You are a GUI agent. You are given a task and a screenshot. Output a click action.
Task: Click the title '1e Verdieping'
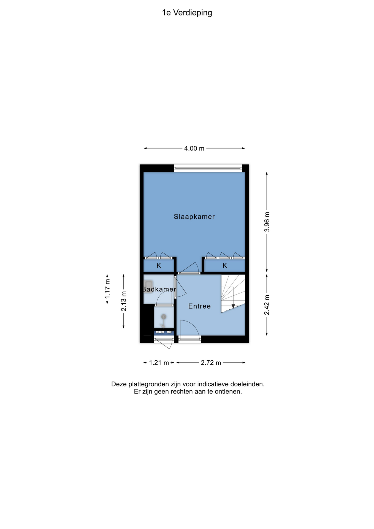187,13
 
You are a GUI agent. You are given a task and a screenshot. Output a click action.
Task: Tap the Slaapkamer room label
194,217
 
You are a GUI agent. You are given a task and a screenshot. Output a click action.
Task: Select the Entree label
199,306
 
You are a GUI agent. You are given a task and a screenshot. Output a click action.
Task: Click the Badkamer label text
159,289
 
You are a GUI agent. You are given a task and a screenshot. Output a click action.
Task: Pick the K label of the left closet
159,266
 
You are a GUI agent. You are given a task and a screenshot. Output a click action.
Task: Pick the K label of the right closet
225,266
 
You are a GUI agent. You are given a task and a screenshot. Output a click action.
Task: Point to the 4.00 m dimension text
194,149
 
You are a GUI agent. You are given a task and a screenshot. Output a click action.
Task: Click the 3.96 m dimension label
267,222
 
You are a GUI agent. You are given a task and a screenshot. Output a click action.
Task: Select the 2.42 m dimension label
267,305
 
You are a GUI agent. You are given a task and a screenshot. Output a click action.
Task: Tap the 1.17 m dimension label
107,288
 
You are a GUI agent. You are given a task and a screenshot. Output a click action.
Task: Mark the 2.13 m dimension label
124,301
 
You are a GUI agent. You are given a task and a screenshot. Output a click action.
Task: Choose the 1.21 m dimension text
159,363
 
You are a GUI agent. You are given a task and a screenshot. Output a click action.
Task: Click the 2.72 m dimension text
211,363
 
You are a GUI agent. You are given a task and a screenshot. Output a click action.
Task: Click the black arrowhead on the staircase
233,306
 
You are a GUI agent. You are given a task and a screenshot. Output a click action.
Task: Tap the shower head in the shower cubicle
164,317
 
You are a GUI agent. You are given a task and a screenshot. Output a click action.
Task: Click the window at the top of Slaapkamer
208,168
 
